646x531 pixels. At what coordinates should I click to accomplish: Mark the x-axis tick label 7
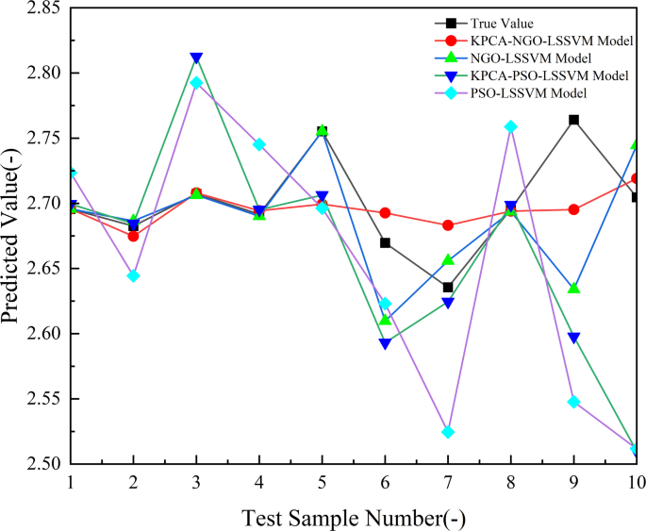tap(448, 481)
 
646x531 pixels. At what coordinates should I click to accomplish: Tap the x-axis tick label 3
tap(196, 481)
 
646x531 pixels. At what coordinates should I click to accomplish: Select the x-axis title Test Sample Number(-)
tap(354, 516)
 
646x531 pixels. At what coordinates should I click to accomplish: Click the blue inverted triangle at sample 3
tap(196, 58)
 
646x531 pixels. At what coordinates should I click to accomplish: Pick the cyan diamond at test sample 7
tap(448, 432)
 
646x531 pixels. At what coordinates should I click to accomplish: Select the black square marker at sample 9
tap(574, 120)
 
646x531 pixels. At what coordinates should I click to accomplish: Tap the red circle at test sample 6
tap(385, 213)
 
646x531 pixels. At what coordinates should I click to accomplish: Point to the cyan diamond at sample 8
tap(511, 126)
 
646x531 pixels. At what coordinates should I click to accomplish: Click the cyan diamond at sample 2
tap(133, 275)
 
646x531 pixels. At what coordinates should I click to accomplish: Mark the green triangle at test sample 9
tap(574, 288)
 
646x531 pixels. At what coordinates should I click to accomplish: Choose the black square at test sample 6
tap(385, 242)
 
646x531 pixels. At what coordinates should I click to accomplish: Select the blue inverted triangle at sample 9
tap(574, 338)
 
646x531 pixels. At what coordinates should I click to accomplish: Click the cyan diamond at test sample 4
tap(259, 144)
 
